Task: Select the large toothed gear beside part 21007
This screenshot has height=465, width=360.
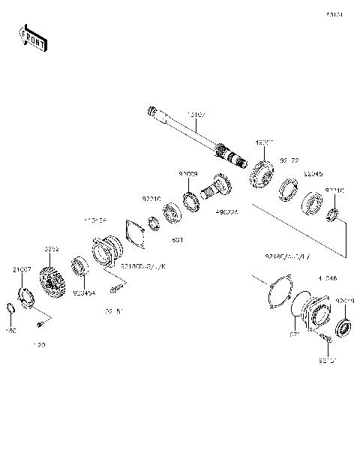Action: (54, 285)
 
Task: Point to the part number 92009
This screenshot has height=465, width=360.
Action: (187, 173)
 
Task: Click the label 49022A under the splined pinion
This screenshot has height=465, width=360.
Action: (225, 212)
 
